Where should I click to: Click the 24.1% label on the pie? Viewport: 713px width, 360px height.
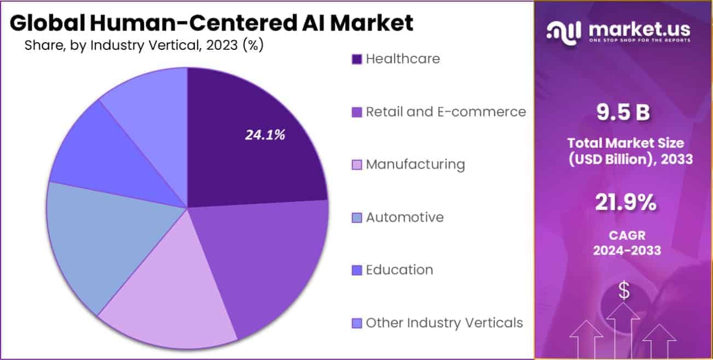coord(265,135)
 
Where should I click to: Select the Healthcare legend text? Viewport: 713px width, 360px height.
coord(403,59)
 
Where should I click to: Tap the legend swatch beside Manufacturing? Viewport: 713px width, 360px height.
coord(356,165)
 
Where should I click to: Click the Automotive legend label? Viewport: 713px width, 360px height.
coord(405,217)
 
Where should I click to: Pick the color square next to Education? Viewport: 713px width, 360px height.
coord(356,270)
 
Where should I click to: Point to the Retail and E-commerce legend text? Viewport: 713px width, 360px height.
coord(446,112)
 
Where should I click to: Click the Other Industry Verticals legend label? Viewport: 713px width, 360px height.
coord(444,323)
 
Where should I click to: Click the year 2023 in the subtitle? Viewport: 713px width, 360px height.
coord(222,45)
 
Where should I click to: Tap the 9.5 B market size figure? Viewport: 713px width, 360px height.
coord(624,113)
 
